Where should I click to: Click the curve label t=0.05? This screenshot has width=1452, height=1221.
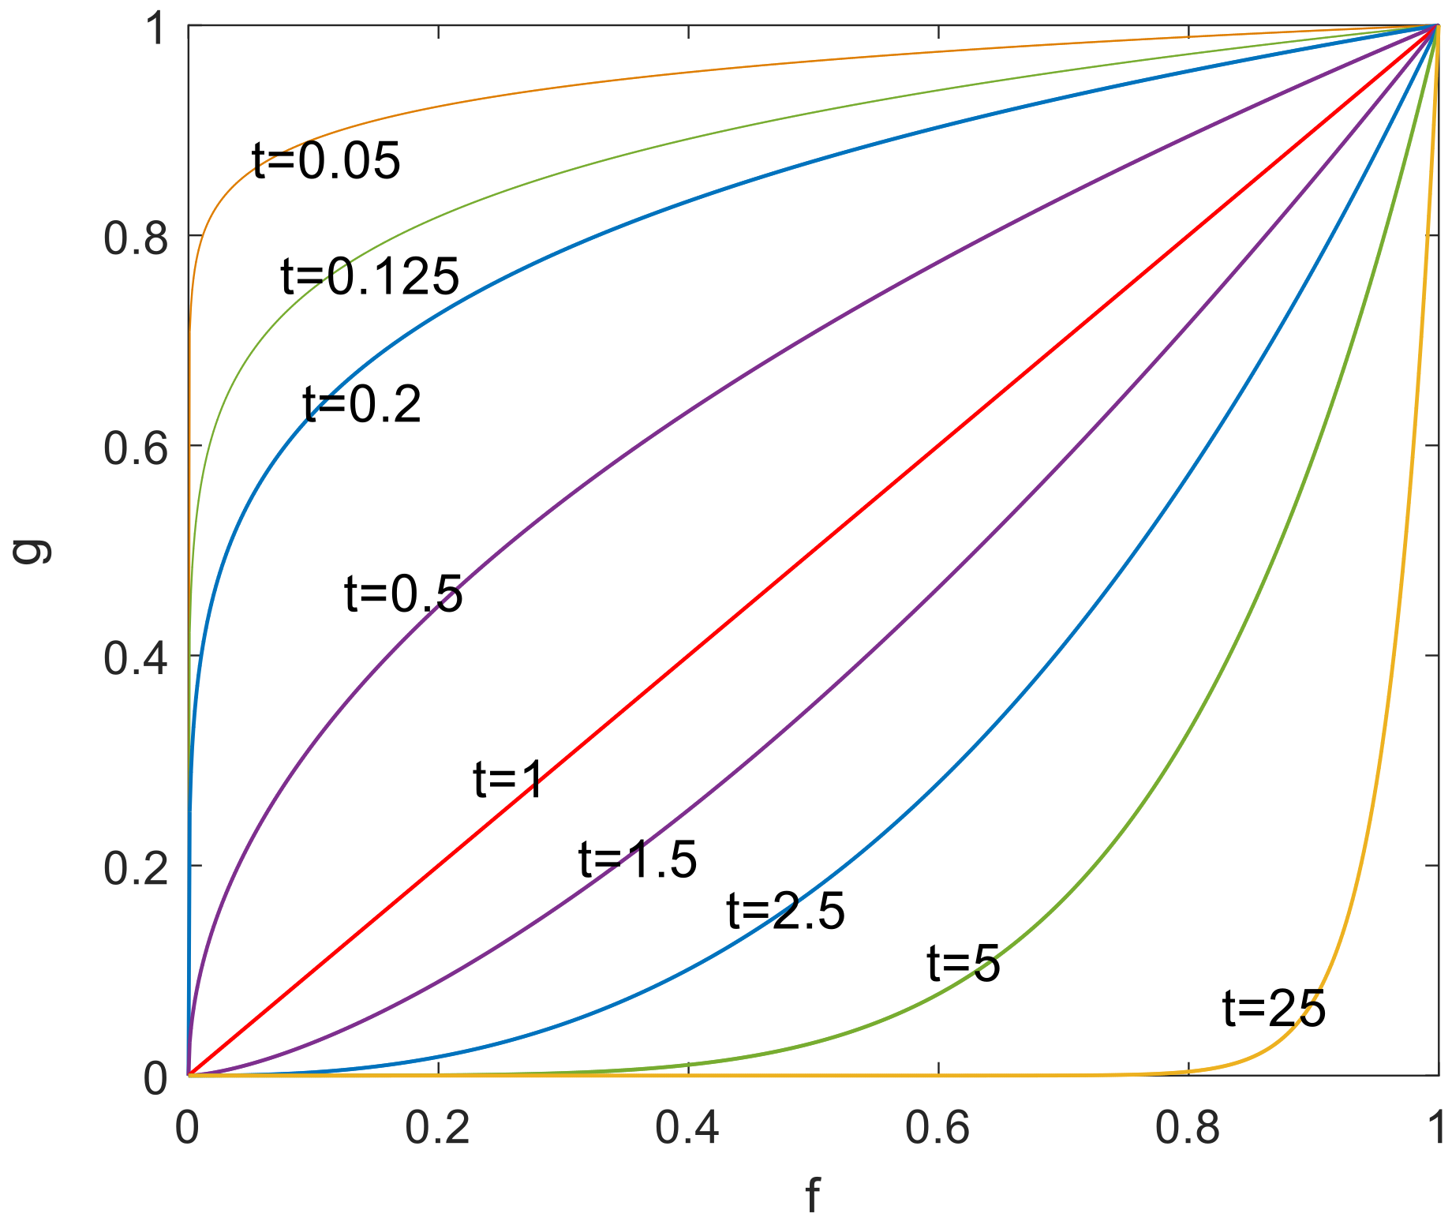coord(326,162)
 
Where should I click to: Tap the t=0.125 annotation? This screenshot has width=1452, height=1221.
coord(369,277)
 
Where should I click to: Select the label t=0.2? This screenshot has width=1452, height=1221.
coord(362,406)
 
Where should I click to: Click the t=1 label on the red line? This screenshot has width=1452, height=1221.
coord(508,781)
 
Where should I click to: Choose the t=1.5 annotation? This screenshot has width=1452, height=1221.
coord(638,860)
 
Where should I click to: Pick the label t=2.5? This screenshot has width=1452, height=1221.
coord(785,912)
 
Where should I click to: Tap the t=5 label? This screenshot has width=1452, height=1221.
coord(964,964)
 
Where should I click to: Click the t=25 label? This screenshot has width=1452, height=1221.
coord(1274,1009)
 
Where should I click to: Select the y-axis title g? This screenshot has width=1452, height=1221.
coord(32,551)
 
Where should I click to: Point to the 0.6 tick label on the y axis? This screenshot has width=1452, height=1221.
coord(137,448)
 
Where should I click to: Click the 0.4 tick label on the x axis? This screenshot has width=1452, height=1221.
coord(688,1128)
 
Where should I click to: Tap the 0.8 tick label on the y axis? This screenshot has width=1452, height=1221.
coord(137,237)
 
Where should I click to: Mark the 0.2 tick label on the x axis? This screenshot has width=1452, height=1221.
coord(438,1128)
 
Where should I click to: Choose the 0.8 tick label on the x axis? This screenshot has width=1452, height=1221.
coord(1188,1128)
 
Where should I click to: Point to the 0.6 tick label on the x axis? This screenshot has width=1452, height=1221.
coord(938,1128)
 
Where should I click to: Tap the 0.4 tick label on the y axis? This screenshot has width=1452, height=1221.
coord(137,657)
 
